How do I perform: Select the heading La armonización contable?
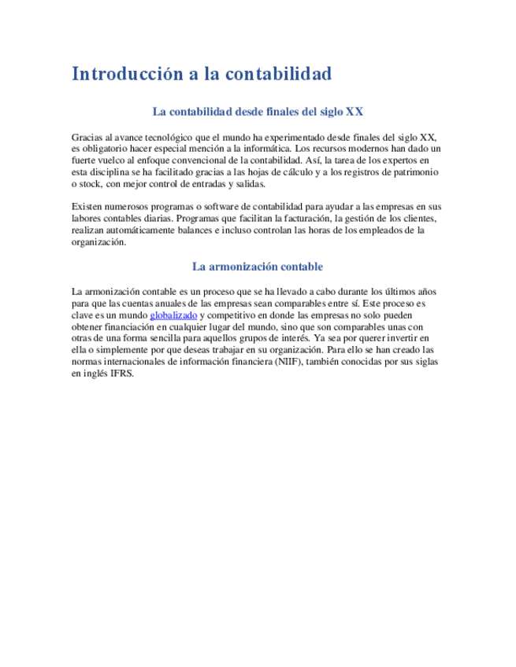[x=258, y=267]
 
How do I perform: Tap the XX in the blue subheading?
[x=355, y=112]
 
